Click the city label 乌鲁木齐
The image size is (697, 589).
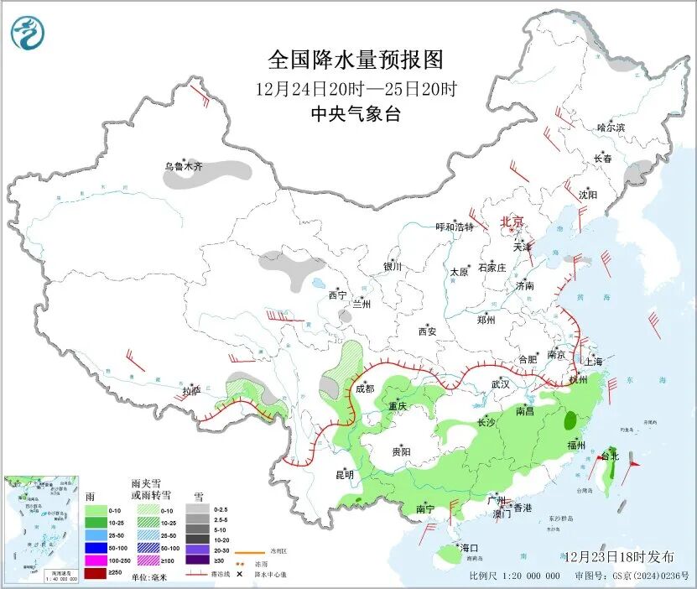[183, 166]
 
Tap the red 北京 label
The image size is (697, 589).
[512, 222]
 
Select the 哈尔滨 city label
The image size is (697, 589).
[611, 128]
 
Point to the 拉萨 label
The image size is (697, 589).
[191, 391]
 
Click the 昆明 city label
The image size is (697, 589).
[345, 475]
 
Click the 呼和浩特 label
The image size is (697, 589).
[455, 227]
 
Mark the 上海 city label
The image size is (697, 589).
[594, 362]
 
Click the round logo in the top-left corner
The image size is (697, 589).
[29, 34]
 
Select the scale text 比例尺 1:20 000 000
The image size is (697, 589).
[515, 576]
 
